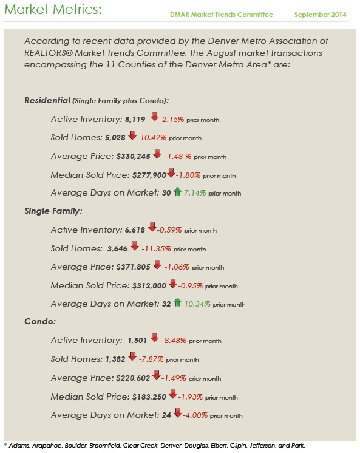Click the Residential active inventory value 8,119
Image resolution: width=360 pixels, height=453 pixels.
(132, 120)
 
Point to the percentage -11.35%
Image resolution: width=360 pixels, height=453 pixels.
(156, 248)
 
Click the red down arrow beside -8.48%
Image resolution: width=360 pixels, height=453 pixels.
(154, 340)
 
